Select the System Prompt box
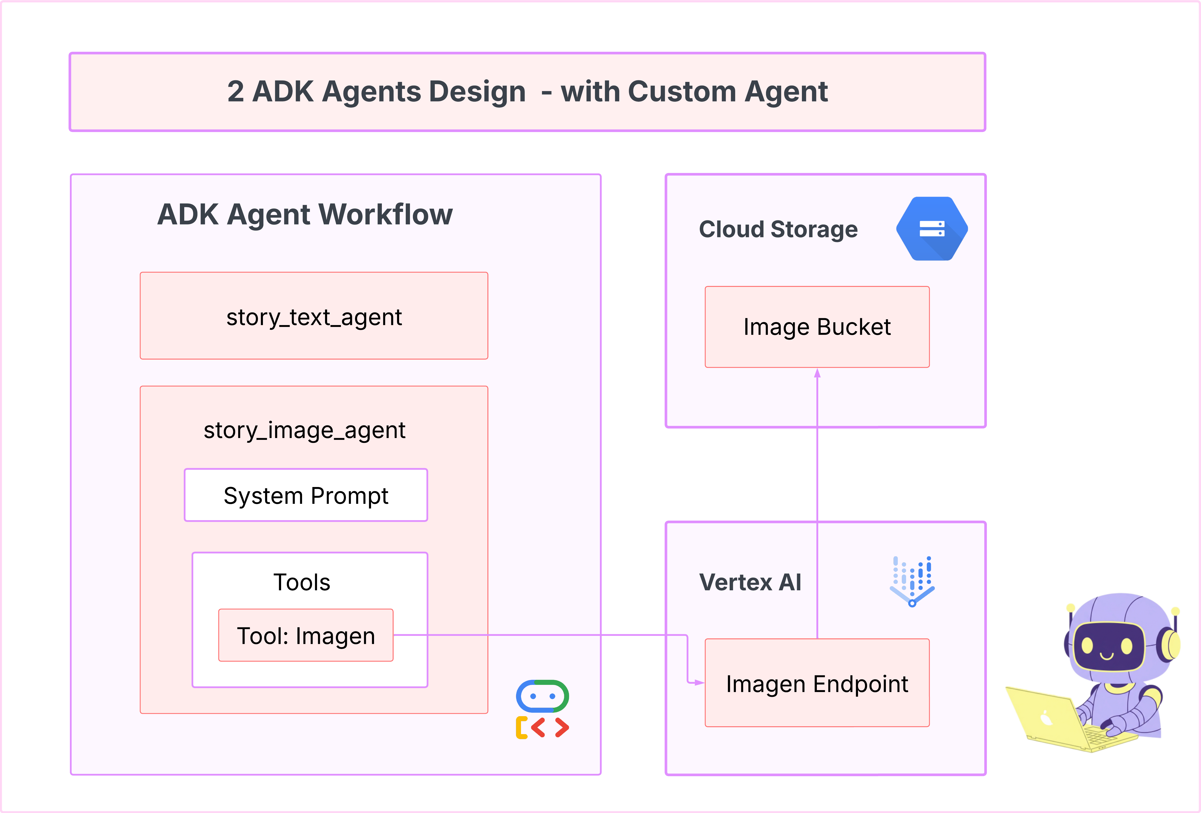click(x=306, y=495)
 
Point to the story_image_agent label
click(x=304, y=430)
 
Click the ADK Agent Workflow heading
click(x=305, y=214)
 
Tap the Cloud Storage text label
click(x=778, y=229)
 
